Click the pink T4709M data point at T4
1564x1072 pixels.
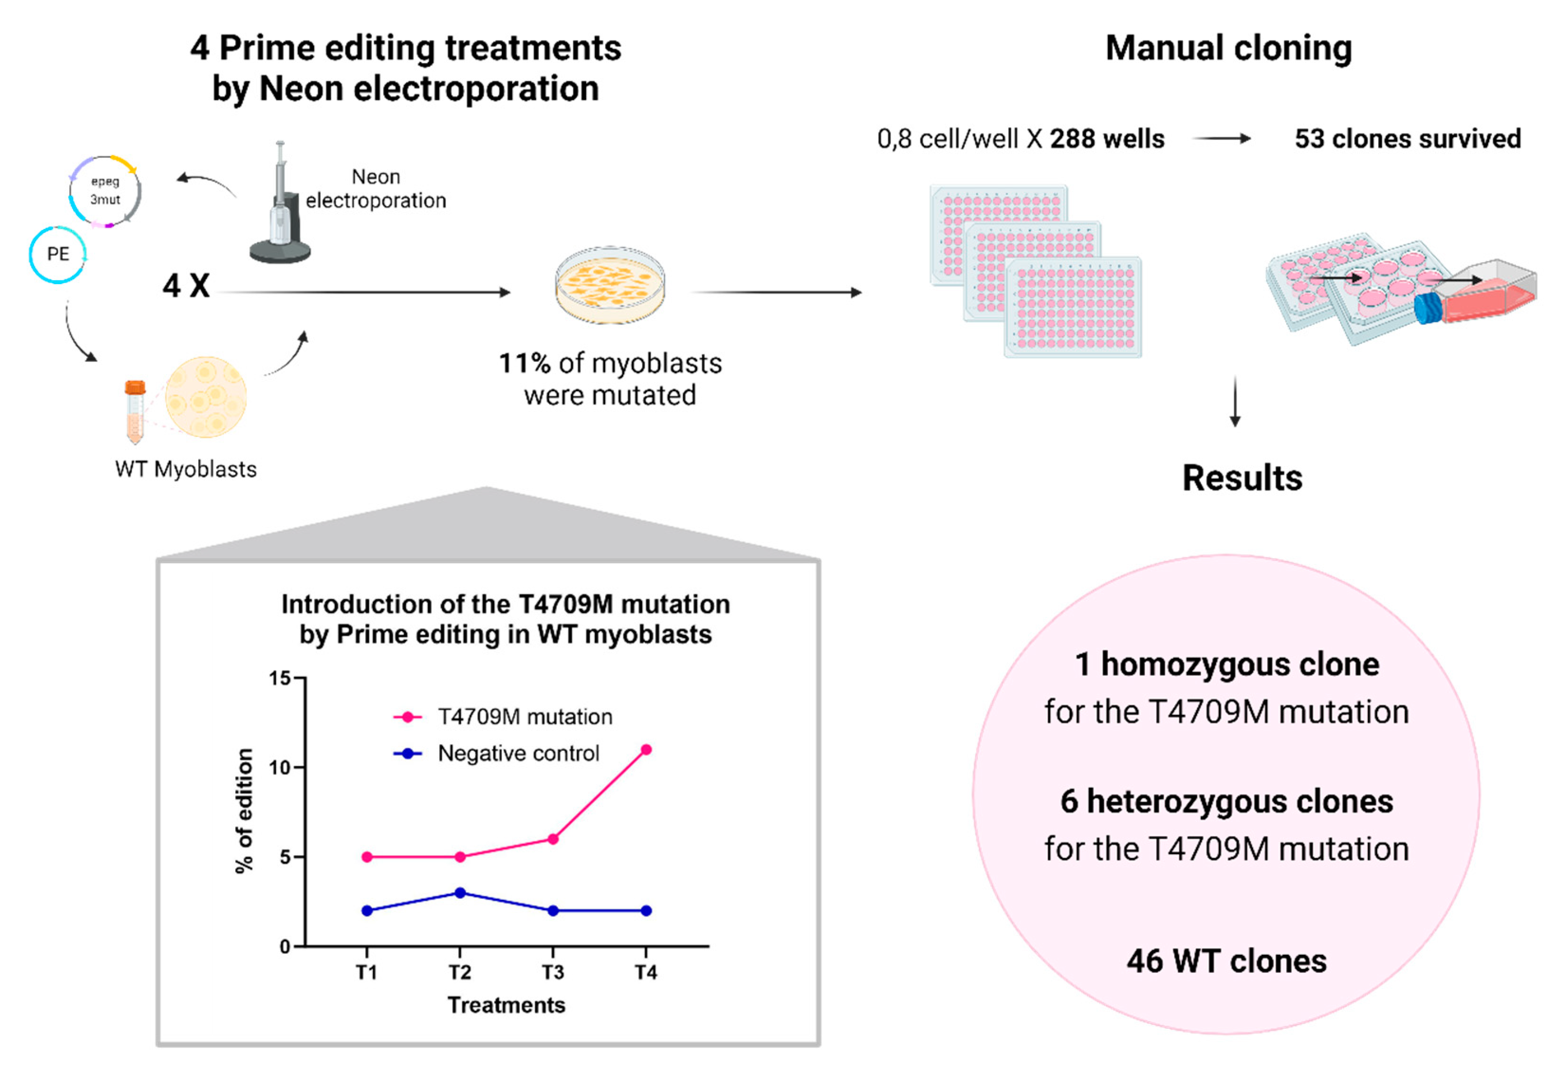point(645,749)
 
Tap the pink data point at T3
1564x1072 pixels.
point(552,839)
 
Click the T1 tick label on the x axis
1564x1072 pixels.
point(367,972)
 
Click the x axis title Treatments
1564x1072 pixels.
point(506,1005)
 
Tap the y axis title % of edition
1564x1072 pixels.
point(244,811)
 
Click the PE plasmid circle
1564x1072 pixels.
point(58,254)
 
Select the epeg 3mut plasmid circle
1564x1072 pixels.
point(105,191)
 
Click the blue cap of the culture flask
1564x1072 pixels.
point(1427,308)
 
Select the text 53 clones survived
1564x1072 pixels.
point(1407,139)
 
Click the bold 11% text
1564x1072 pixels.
point(524,363)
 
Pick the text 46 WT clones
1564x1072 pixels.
point(1226,961)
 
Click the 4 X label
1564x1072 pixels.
point(186,286)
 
